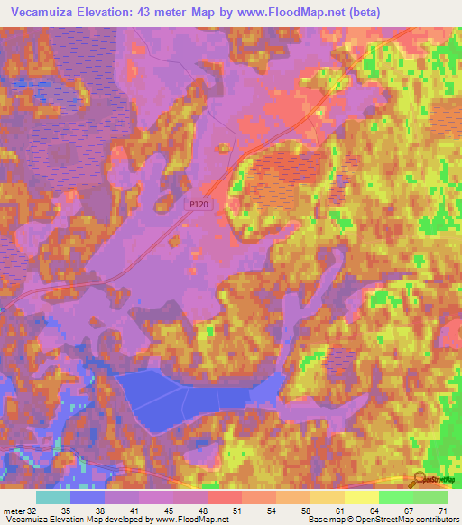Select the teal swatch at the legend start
coord(53,497)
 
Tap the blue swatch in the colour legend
coord(88,497)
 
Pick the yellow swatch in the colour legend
coord(362,497)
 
